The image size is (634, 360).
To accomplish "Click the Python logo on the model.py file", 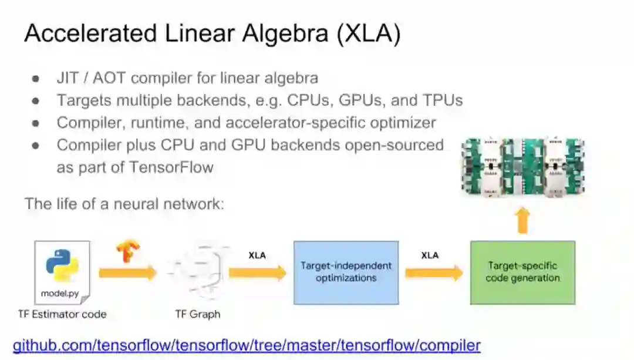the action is pyautogui.click(x=62, y=265).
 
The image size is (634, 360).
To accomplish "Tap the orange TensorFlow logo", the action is pyautogui.click(x=128, y=251).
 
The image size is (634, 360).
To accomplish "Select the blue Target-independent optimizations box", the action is pyautogui.click(x=346, y=272).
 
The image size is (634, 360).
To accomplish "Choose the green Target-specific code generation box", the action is pyautogui.click(x=522, y=272).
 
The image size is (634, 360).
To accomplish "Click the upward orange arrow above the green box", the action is pyautogui.click(x=522, y=221).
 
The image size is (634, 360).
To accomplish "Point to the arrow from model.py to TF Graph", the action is pyautogui.click(x=127, y=272).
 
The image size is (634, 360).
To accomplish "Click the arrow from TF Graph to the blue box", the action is pyautogui.click(x=257, y=272).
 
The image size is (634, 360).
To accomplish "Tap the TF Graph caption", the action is pyautogui.click(x=197, y=314).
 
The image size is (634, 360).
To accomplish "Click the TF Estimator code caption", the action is pyautogui.click(x=62, y=314).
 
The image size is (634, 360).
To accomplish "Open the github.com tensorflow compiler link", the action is pyautogui.click(x=247, y=345).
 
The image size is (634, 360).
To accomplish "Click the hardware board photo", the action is pyautogui.click(x=522, y=167).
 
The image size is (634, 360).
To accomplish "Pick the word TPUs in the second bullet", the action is pyautogui.click(x=441, y=100).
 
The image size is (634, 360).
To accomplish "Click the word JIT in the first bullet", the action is pyautogui.click(x=67, y=78).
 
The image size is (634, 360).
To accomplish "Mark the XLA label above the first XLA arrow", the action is pyautogui.click(x=257, y=255).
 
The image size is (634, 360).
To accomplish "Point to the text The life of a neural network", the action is pyautogui.click(x=124, y=204).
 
